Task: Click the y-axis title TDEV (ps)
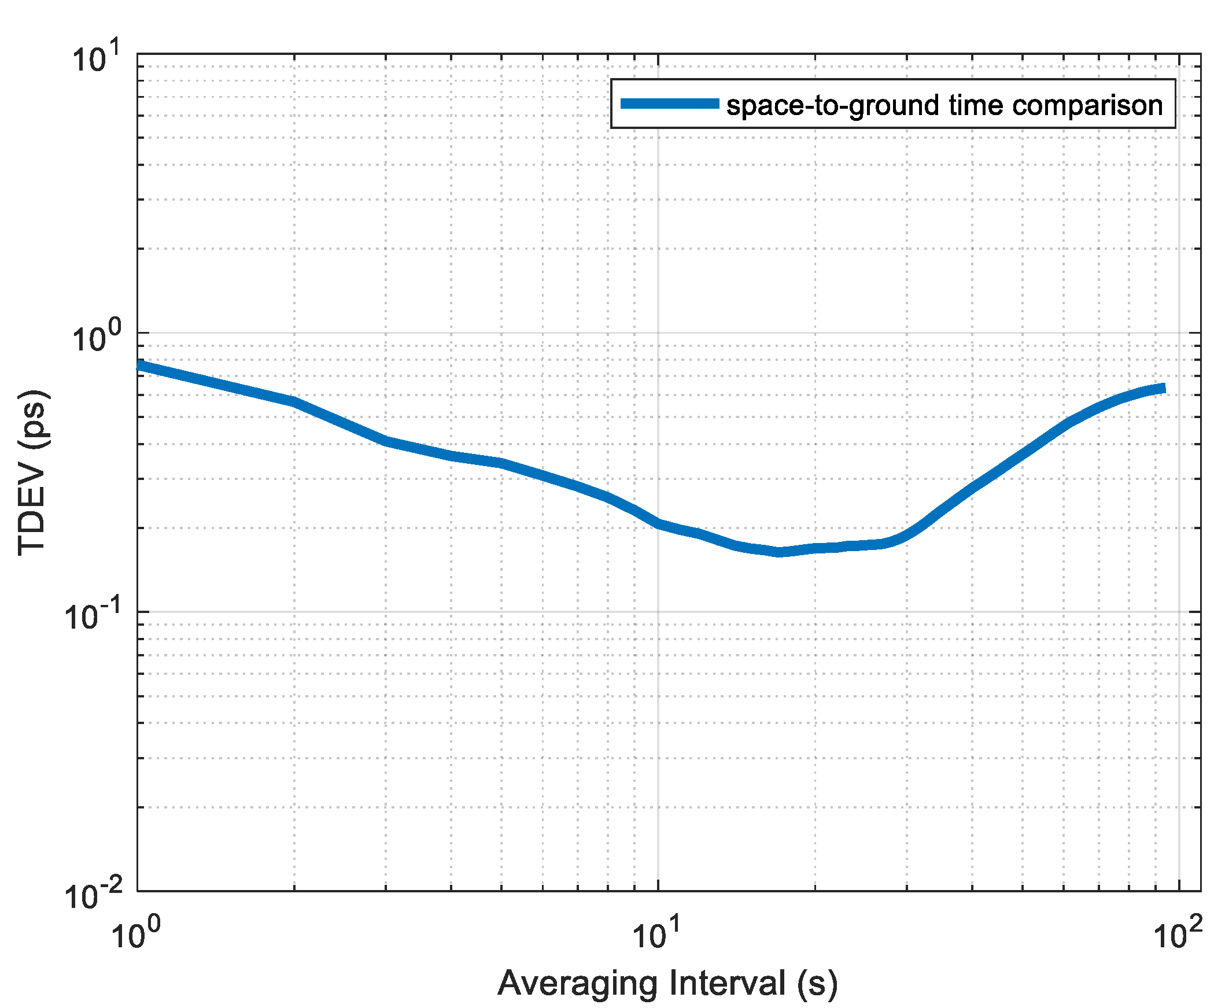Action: point(33,473)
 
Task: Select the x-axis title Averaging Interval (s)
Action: point(667,983)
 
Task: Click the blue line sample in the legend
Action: point(669,104)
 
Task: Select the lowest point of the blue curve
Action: point(780,552)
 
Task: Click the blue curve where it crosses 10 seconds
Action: point(658,524)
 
